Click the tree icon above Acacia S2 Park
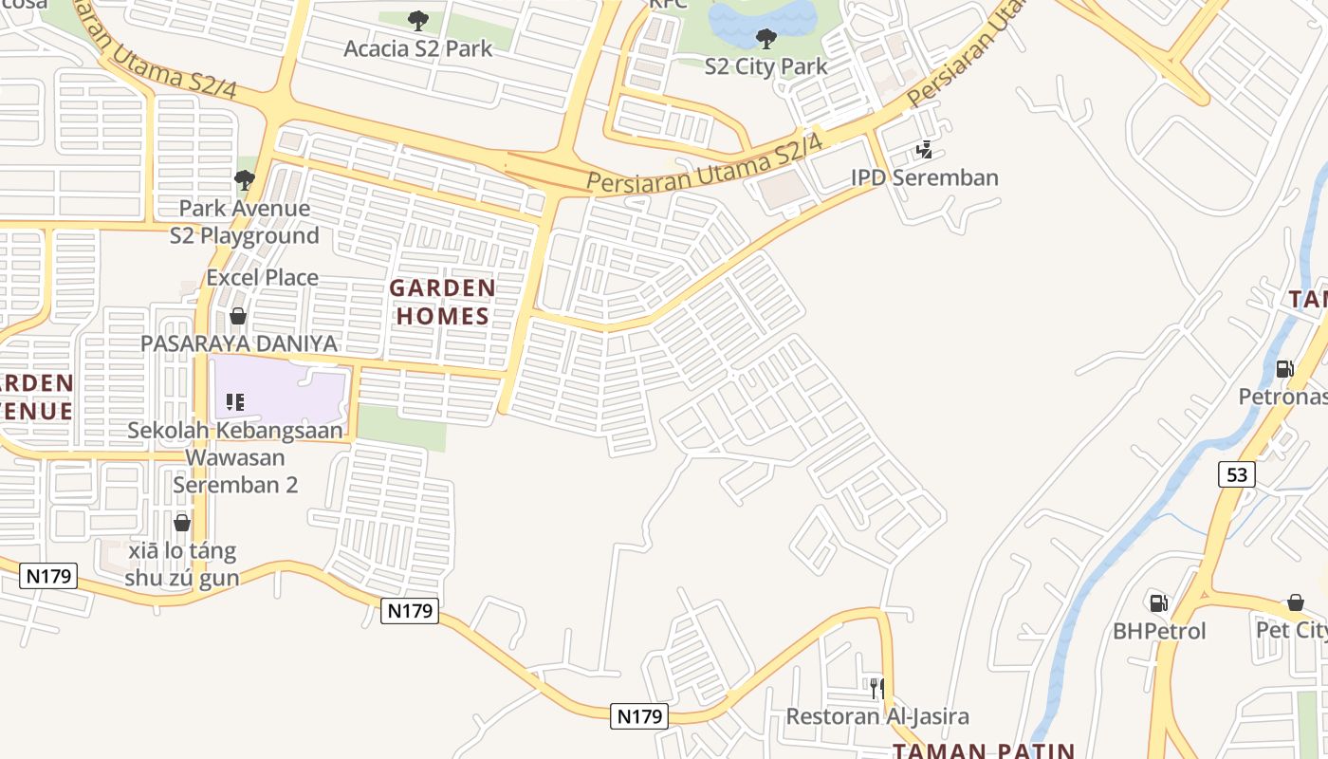[417, 20]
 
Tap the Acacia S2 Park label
[417, 48]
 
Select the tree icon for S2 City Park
[765, 39]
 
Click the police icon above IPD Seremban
[924, 150]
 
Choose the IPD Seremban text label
[924, 177]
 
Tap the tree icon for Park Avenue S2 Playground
[245, 179]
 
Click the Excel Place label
[263, 278]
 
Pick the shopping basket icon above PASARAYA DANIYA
[238, 316]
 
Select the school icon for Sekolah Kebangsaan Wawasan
[235, 402]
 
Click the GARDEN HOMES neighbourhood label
[442, 302]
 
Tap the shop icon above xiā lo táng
[182, 523]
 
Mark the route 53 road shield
[1237, 474]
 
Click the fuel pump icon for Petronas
[1284, 368]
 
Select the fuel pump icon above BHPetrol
[1158, 602]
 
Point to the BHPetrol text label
[1159, 631]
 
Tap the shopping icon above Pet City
[1296, 602]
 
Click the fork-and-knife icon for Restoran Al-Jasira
[877, 688]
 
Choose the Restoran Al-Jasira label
[877, 716]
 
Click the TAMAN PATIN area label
[984, 750]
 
